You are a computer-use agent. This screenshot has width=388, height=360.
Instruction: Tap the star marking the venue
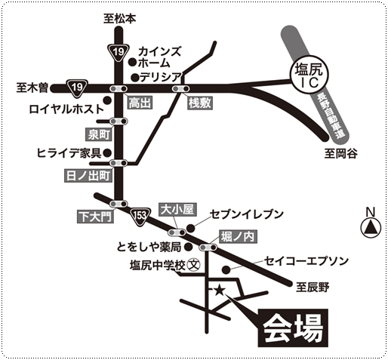[x=220, y=291]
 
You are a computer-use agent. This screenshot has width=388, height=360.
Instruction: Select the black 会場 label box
[x=293, y=328]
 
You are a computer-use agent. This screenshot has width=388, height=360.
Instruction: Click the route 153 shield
[x=140, y=217]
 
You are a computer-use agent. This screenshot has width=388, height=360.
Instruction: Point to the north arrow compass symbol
[x=371, y=228]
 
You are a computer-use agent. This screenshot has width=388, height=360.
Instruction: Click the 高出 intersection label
[x=140, y=103]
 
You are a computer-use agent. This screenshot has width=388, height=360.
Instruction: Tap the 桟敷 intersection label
[x=200, y=103]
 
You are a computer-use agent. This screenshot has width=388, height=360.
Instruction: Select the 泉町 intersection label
[x=99, y=134]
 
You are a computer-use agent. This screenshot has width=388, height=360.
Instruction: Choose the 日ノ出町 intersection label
[x=88, y=176]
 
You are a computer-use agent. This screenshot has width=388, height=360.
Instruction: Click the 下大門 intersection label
[x=95, y=217]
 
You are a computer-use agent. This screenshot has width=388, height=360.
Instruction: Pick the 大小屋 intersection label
[x=177, y=210]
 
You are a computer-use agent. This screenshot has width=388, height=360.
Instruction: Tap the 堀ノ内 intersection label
[x=238, y=237]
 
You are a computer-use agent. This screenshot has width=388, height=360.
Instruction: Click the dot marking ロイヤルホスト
[x=108, y=100]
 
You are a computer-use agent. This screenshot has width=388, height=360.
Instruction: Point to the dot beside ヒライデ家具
[x=108, y=152]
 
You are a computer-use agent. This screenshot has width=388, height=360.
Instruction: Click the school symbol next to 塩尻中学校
[x=194, y=265]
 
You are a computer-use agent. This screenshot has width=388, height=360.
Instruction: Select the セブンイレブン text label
[x=247, y=214]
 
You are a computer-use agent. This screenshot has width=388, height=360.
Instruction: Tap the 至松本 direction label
[x=120, y=19]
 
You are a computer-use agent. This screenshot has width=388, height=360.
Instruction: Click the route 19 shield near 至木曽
[x=77, y=88]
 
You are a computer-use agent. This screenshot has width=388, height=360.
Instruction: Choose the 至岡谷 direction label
[x=340, y=153]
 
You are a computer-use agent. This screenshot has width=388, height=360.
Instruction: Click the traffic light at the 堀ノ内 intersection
[x=208, y=248]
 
